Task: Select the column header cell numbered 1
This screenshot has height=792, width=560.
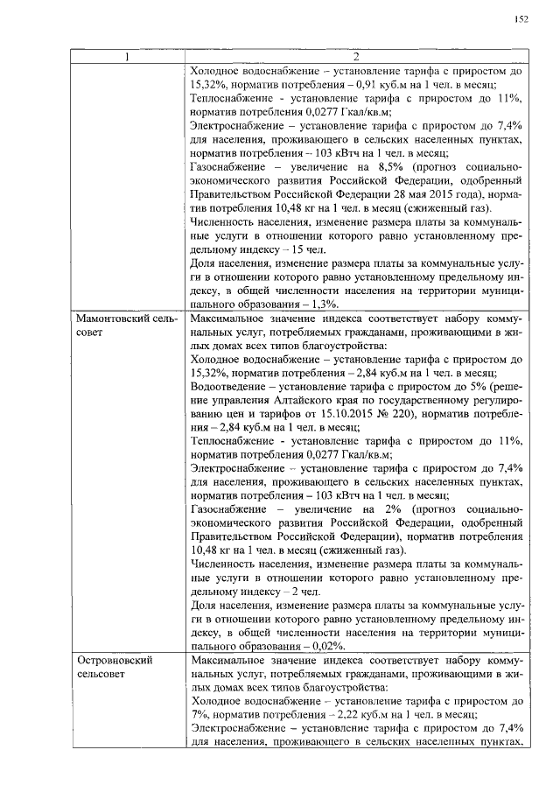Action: coord(127,58)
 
